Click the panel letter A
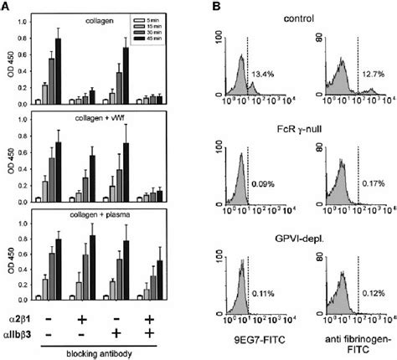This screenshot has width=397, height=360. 7,7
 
